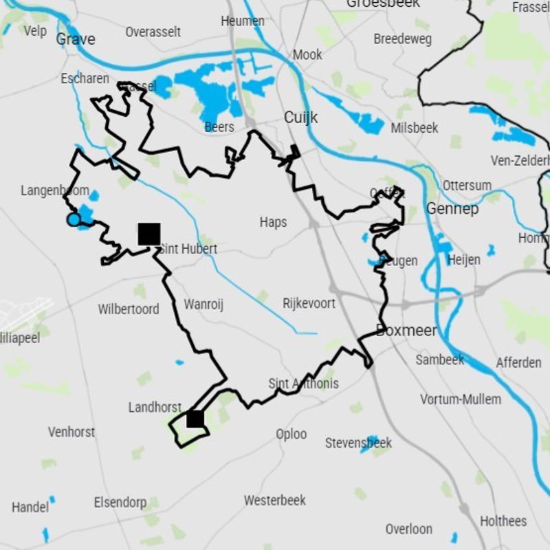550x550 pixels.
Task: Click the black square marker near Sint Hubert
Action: click(149, 234)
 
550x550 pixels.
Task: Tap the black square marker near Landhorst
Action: click(195, 419)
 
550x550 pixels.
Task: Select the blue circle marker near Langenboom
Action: click(74, 219)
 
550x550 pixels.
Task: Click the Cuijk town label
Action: click(301, 118)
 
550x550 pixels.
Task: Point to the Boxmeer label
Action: click(406, 331)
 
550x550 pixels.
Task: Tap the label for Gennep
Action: click(452, 208)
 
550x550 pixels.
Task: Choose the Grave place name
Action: click(76, 38)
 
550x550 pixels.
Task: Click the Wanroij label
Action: click(203, 305)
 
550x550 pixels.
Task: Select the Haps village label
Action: click(273, 222)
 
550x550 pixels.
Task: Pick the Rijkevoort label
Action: click(309, 303)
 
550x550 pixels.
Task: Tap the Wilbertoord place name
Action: click(128, 309)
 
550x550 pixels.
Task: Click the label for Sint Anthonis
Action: click(303, 384)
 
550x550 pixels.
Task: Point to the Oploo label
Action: click(291, 434)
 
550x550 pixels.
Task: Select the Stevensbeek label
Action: click(358, 443)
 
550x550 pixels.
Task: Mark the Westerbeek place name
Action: click(275, 500)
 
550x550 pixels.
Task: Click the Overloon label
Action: click(408, 529)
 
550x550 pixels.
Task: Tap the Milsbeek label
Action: click(415, 129)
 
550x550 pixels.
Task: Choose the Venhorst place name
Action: click(71, 432)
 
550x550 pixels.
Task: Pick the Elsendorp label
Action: click(120, 503)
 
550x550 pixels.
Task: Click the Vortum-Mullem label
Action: click(461, 399)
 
